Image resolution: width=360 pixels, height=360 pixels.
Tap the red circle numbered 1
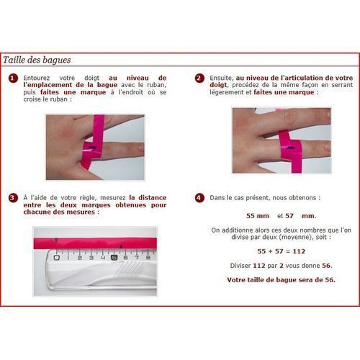click(x=13, y=78)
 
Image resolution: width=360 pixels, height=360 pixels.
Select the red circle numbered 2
click(x=200, y=78)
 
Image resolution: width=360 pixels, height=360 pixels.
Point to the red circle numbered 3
click(x=13, y=197)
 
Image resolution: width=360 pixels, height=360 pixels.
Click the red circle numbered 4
click(x=200, y=197)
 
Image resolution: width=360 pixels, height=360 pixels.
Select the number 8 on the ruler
click(x=147, y=255)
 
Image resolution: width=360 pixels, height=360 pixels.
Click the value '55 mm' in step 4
click(x=258, y=215)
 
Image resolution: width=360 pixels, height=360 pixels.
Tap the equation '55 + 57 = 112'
click(x=281, y=251)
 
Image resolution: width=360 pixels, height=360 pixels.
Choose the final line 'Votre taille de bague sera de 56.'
click(x=281, y=279)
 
